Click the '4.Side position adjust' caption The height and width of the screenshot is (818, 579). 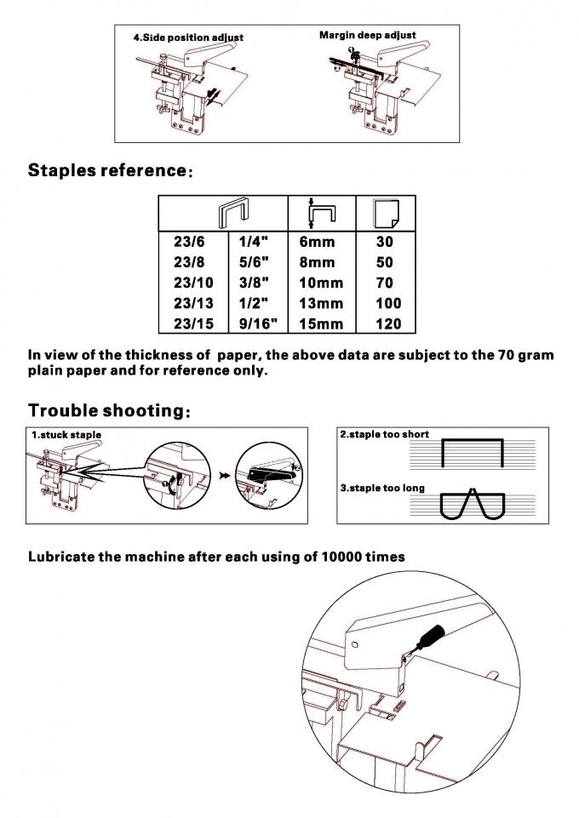pyautogui.click(x=188, y=37)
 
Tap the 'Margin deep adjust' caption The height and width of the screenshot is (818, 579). pyautogui.click(x=367, y=35)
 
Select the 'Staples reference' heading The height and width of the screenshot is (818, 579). pyautogui.click(x=106, y=169)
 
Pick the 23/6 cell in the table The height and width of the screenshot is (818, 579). pyautogui.click(x=188, y=242)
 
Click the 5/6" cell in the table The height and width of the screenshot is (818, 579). pyautogui.click(x=255, y=262)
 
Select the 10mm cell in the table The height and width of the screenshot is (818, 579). pyautogui.click(x=321, y=283)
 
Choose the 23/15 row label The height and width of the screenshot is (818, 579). pyautogui.click(x=192, y=323)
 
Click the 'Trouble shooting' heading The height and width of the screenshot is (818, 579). pyautogui.click(x=105, y=410)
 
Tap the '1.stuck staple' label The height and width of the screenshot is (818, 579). pyautogui.click(x=66, y=435)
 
